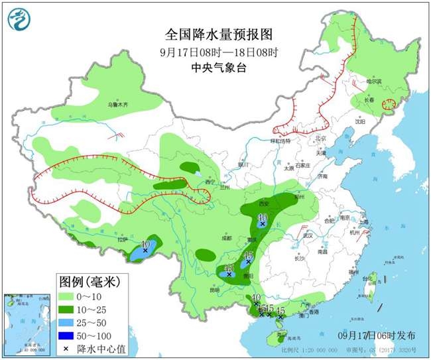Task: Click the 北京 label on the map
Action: [322, 138]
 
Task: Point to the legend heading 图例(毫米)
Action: [86, 282]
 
